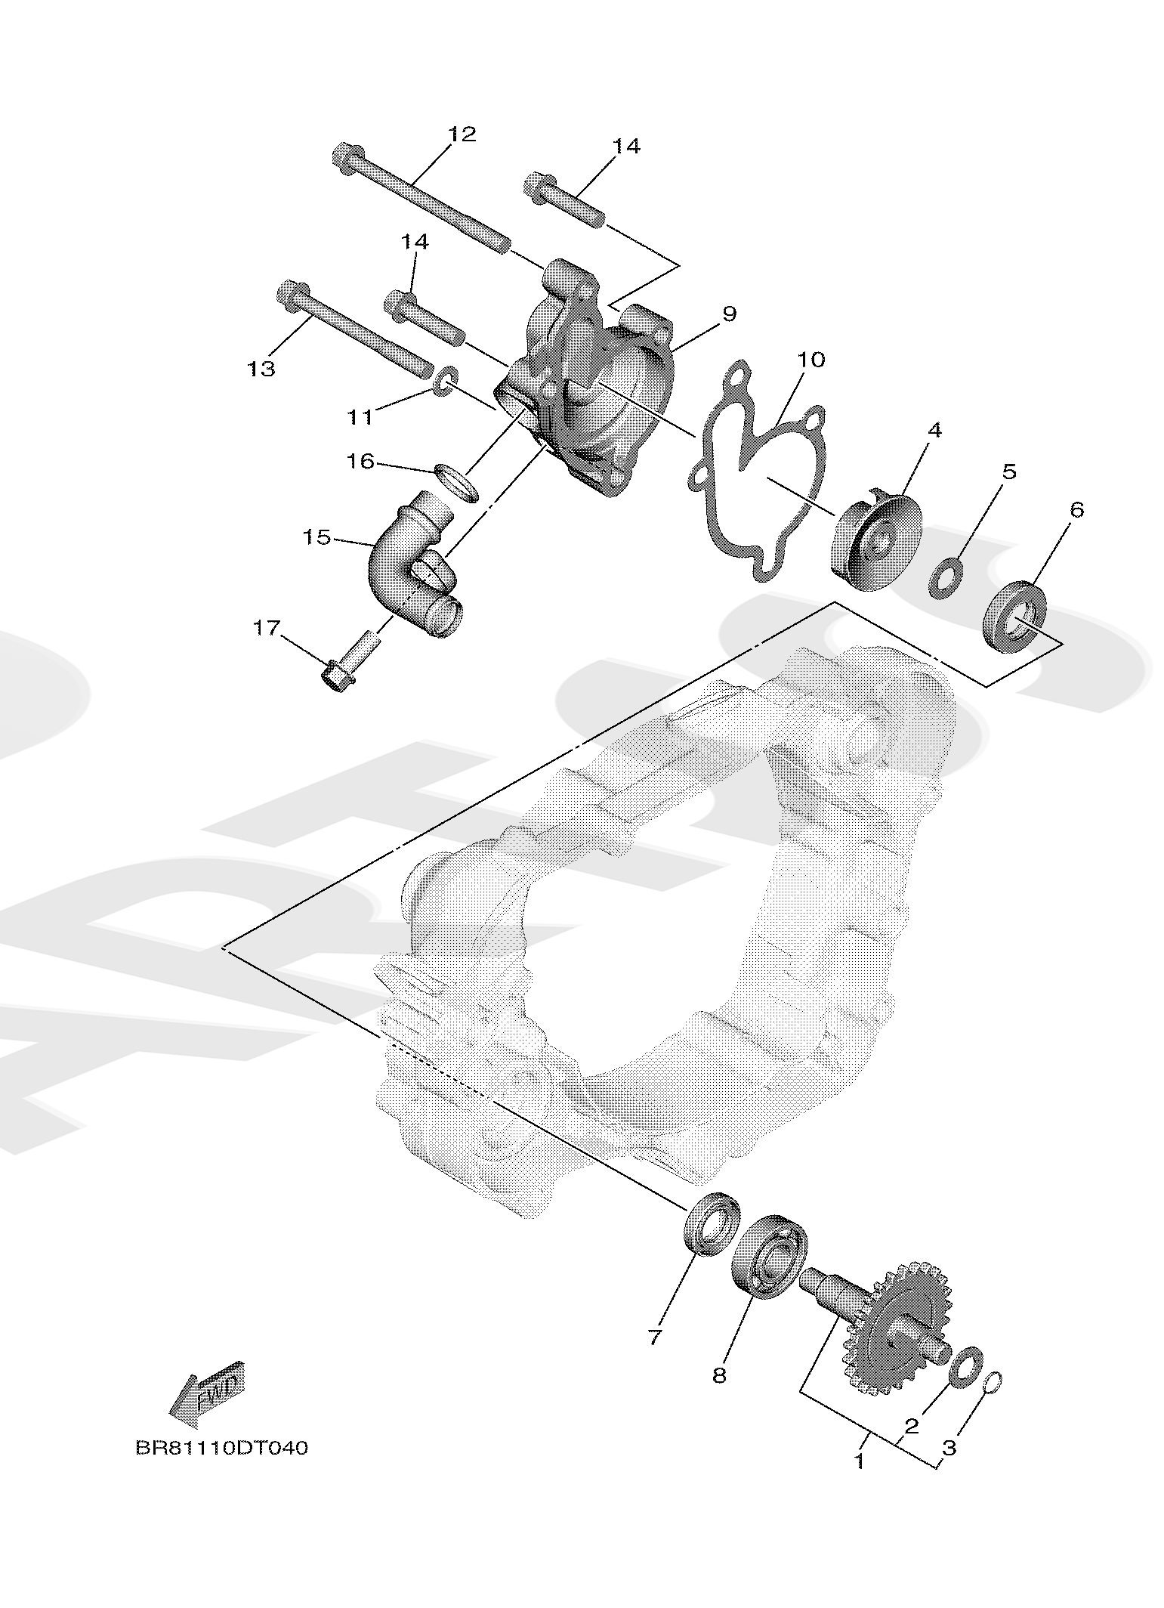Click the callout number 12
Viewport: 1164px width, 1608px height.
point(462,135)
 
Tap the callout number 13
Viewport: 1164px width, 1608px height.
point(261,370)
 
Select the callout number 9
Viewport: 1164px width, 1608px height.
point(728,313)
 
